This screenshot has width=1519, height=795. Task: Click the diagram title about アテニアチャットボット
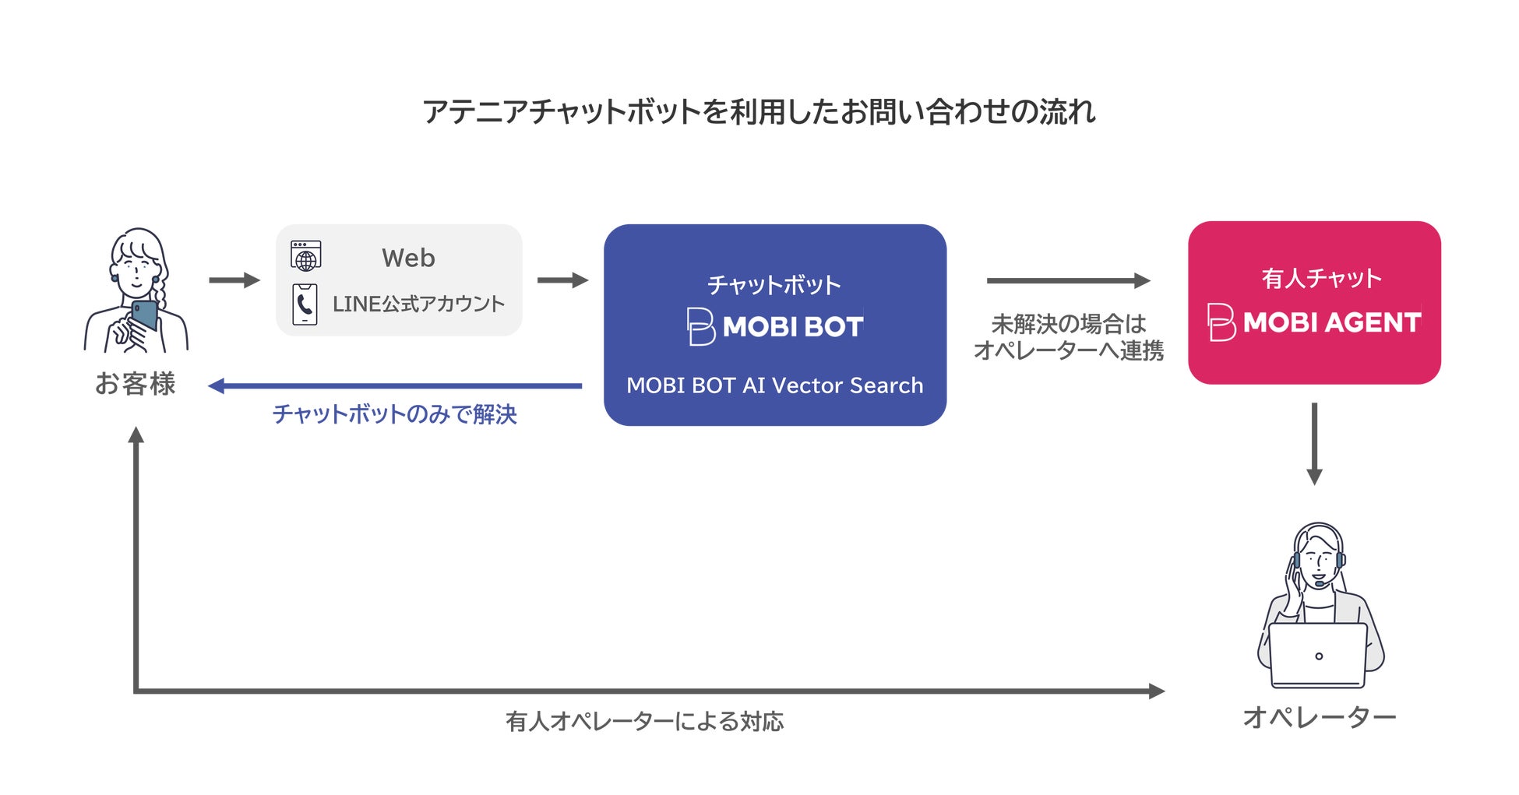(x=759, y=112)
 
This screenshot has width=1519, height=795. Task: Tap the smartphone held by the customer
(x=144, y=315)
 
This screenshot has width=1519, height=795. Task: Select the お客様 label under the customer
(x=136, y=384)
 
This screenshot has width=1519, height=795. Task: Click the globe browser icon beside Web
(x=306, y=255)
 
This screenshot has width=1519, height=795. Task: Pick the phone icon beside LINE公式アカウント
(x=305, y=304)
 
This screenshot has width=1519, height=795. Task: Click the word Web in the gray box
(x=408, y=258)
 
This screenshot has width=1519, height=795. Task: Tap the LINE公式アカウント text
(x=418, y=304)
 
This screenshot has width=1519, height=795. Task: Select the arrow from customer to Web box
(x=234, y=280)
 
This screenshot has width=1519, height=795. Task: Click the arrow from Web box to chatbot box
(x=562, y=280)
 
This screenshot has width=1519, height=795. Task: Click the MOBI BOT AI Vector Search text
(x=775, y=385)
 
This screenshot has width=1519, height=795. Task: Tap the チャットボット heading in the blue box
(x=774, y=285)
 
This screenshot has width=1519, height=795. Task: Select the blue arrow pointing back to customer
(x=395, y=385)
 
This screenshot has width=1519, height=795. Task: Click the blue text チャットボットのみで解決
(x=395, y=414)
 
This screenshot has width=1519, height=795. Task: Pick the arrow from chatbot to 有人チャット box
(x=1068, y=280)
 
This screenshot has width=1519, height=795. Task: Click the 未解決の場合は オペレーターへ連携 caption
(x=1069, y=337)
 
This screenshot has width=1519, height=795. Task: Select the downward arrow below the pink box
(x=1314, y=444)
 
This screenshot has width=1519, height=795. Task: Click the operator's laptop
(x=1318, y=655)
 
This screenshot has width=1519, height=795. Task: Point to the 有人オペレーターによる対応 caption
(x=644, y=722)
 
